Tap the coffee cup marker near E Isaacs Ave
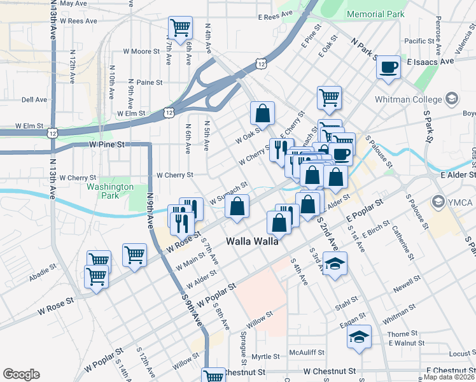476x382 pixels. coord(388,67)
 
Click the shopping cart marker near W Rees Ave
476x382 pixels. coord(181,28)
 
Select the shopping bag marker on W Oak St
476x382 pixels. coord(262,114)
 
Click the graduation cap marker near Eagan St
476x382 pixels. coord(360,336)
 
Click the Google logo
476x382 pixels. coord(21,374)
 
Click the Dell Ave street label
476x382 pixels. coord(34,100)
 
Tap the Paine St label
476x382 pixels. coord(150,82)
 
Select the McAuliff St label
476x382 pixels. coord(307,352)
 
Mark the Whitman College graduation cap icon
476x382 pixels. coord(452,99)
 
